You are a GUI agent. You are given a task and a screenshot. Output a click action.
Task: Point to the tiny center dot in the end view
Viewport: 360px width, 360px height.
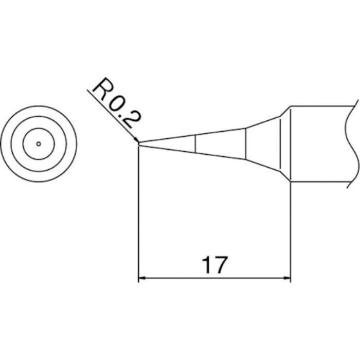[39, 143]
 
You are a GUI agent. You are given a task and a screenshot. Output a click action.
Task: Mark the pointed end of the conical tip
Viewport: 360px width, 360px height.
[139, 143]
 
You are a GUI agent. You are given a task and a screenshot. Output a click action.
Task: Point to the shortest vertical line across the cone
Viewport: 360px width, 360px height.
[195, 143]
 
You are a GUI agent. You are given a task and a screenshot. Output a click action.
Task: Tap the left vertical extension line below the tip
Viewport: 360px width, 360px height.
[139, 216]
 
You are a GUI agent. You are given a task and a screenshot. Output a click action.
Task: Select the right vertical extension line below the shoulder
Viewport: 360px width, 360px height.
[291, 231]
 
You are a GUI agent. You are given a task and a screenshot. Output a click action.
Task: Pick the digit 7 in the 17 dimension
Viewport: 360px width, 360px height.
[220, 265]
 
